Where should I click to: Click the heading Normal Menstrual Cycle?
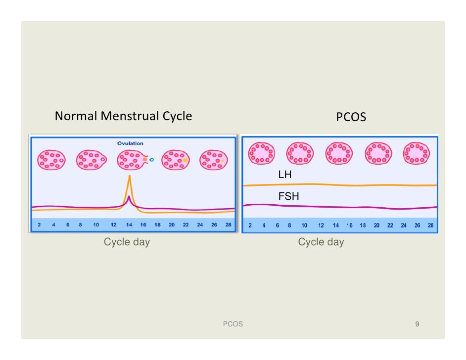pyautogui.click(x=123, y=117)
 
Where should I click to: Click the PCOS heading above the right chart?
pyautogui.click(x=351, y=118)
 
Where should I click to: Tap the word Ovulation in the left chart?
pyautogui.click(x=130, y=143)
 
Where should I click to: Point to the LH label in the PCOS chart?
pyautogui.click(x=285, y=175)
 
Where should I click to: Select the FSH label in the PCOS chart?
pyautogui.click(x=288, y=196)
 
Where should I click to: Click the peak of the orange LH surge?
pyautogui.click(x=130, y=177)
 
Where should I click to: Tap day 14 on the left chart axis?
pyautogui.click(x=129, y=225)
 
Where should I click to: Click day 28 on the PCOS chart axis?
pyautogui.click(x=430, y=225)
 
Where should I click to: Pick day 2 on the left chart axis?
pyautogui.click(x=39, y=225)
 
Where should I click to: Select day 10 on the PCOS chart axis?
pyautogui.click(x=304, y=225)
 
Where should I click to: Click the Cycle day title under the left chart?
pyautogui.click(x=127, y=242)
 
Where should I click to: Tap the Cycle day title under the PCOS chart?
pyautogui.click(x=321, y=242)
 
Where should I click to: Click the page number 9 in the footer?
pyautogui.click(x=417, y=324)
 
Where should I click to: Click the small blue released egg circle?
pyautogui.click(x=152, y=160)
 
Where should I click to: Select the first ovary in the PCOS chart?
pyautogui.click(x=262, y=153)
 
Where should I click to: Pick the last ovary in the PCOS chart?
pyautogui.click(x=416, y=153)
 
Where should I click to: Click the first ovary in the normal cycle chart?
pyautogui.click(x=51, y=160)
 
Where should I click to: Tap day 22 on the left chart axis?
pyautogui.click(x=186, y=225)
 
